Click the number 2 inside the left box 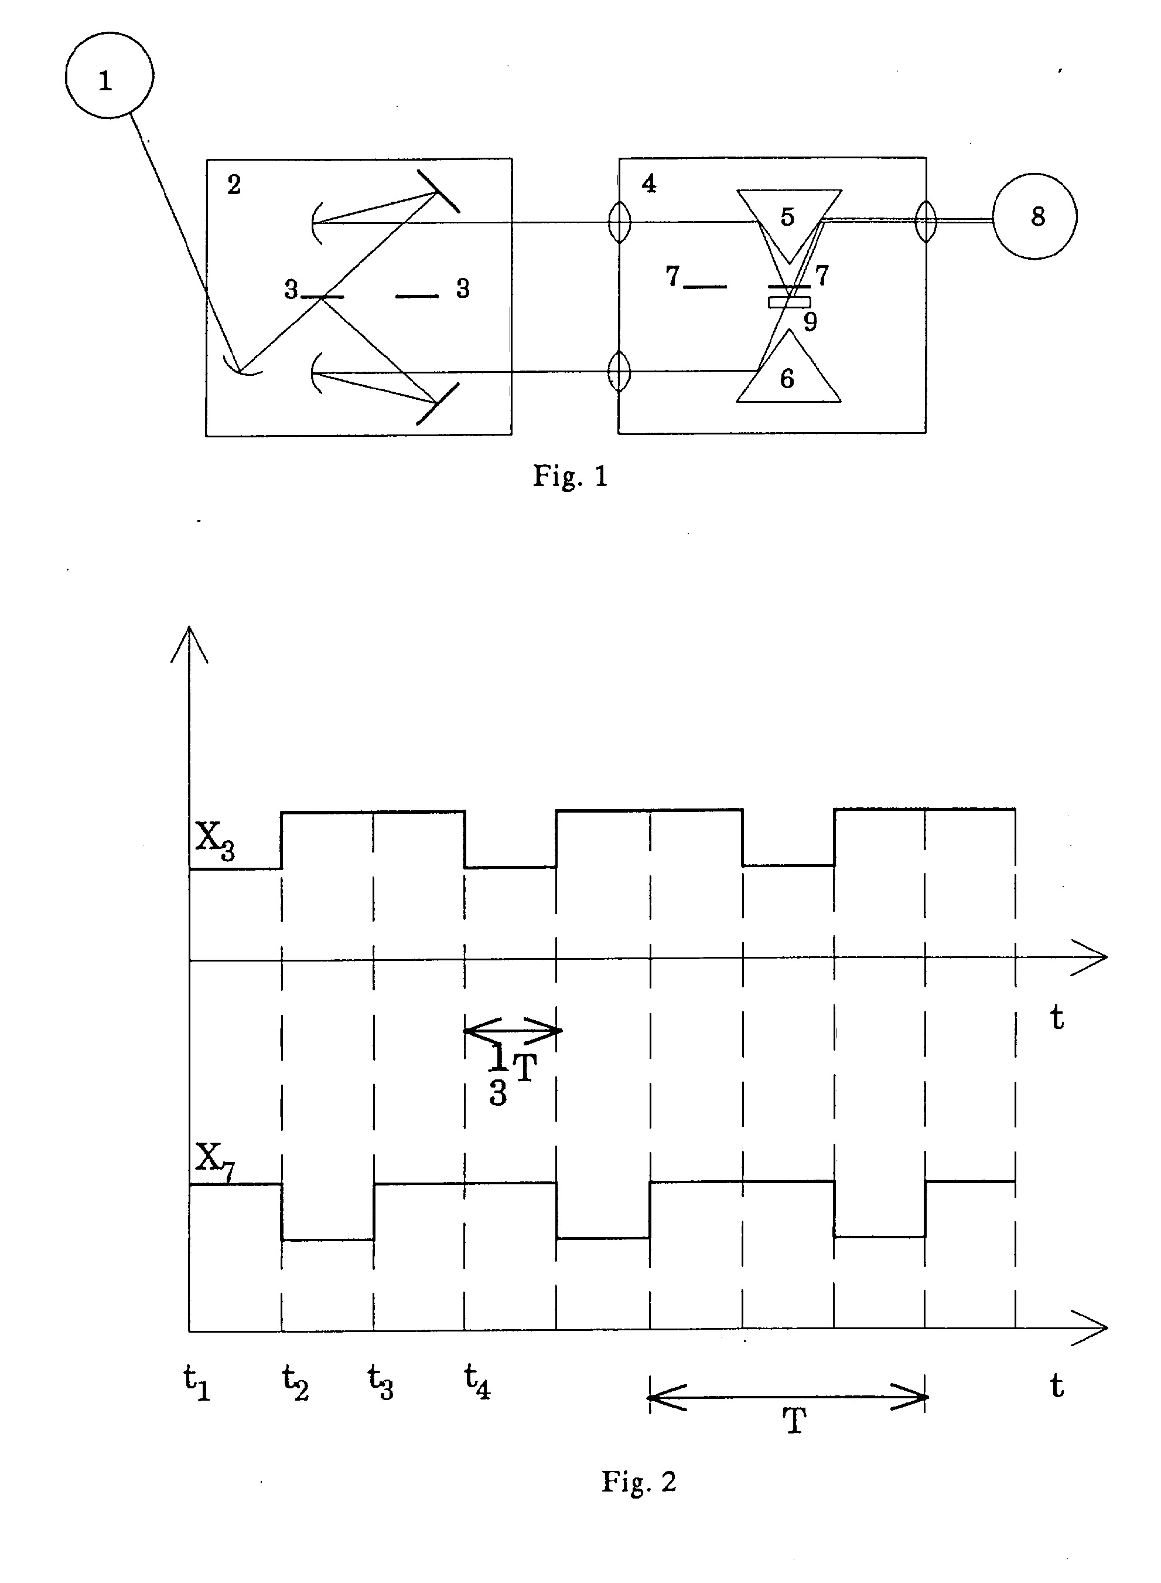pos(234,184)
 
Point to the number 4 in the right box pos(648,184)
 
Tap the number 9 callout pos(810,321)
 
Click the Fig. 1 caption pos(570,476)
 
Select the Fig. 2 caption pos(639,1481)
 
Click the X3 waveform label pos(214,840)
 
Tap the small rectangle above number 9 pos(789,303)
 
